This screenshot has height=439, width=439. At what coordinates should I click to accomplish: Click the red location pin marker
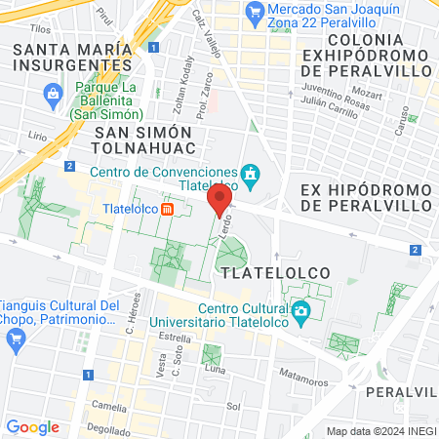pyautogui.click(x=219, y=200)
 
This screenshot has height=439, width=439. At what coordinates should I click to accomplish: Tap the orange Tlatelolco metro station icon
pyautogui.click(x=168, y=208)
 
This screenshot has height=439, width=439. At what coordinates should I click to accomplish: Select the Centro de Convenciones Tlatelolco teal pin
pyautogui.click(x=251, y=174)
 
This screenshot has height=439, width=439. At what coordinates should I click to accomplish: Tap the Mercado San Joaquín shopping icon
pyautogui.click(x=256, y=12)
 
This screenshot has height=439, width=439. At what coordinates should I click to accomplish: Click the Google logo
pyautogui.click(x=32, y=426)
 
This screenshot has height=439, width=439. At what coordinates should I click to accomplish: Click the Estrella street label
pyautogui.click(x=175, y=338)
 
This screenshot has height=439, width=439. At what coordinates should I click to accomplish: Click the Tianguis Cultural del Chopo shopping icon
pyautogui.click(x=15, y=339)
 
